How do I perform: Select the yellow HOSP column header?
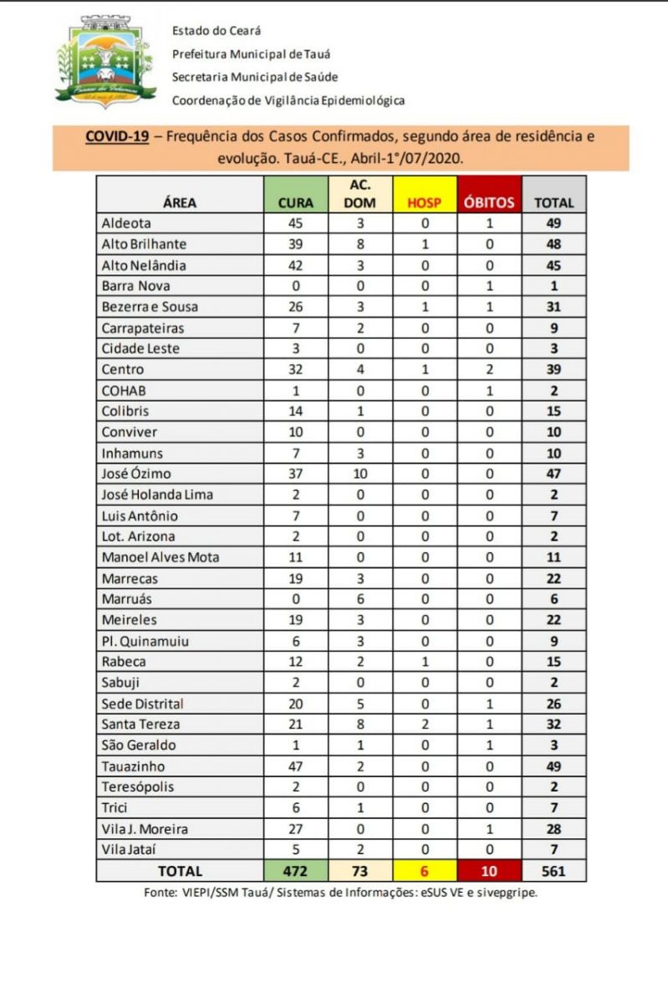[424, 202]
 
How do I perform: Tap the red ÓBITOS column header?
[489, 202]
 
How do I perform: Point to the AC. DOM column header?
[360, 193]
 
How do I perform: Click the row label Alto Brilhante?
[143, 244]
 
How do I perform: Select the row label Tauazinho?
[133, 766]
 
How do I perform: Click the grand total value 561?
[553, 871]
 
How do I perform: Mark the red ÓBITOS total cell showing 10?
[489, 871]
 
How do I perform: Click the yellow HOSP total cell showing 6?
[424, 871]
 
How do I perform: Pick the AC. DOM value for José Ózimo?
[360, 474]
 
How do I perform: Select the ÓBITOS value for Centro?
[489, 369]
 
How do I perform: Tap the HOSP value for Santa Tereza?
[424, 724]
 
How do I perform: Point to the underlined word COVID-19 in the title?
[116, 136]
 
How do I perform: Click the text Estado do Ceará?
[217, 31]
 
